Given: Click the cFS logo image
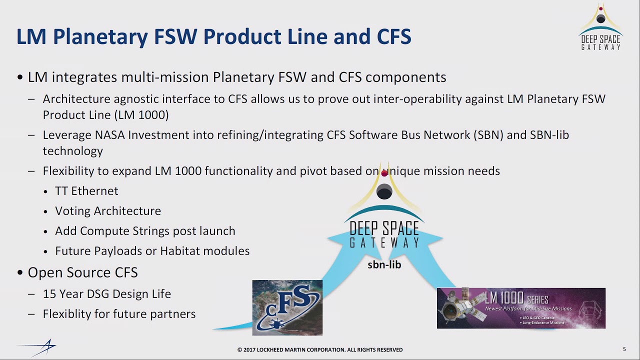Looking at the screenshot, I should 287,307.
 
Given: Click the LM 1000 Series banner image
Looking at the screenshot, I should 521,308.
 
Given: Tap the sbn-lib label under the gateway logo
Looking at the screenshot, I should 384,265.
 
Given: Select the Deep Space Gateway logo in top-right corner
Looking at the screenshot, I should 600,28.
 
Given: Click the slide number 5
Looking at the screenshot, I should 624,349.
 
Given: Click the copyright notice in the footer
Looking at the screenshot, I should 319,349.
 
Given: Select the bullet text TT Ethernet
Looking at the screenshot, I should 86,191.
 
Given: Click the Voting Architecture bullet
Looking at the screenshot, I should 108,211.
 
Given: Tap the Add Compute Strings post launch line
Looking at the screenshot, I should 145,231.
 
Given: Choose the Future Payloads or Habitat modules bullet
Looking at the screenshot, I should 152,251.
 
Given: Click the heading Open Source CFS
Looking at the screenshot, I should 82,272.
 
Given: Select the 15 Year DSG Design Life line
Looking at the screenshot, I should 106,294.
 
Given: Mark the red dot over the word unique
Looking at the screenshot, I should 384,173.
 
